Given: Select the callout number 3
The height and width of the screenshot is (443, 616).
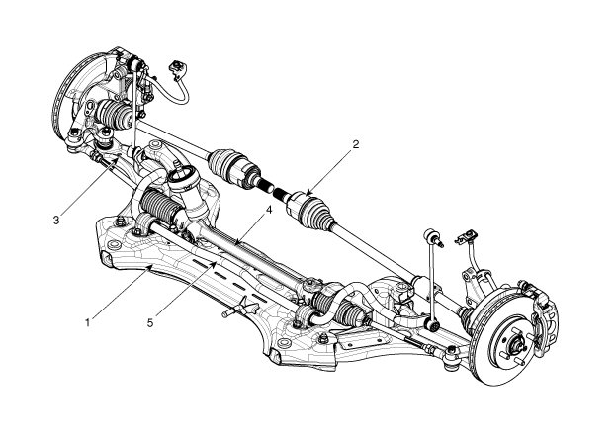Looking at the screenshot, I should pyautogui.click(x=55, y=220).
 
